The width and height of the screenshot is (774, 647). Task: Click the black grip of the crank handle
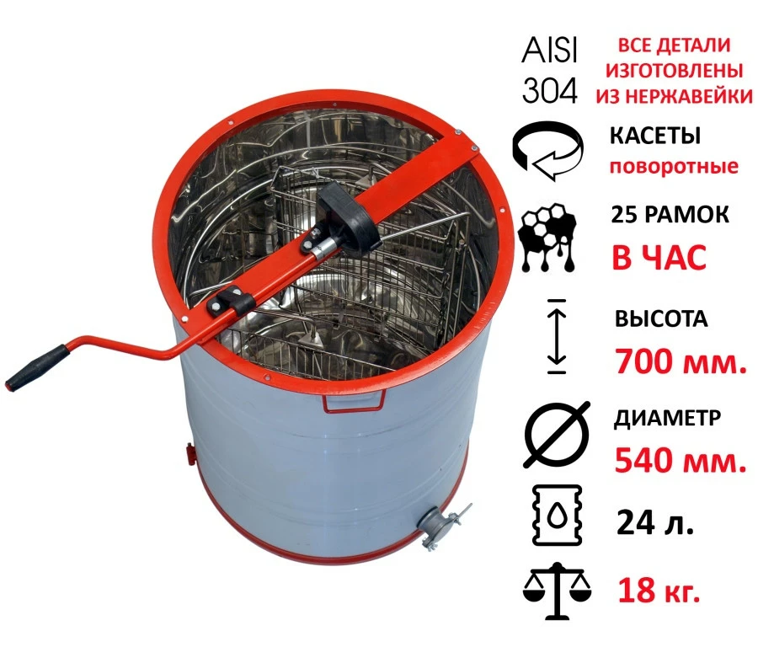tap(38, 368)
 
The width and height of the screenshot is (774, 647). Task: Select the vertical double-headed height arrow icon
tap(557, 336)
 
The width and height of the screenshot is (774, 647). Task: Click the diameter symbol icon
tap(557, 435)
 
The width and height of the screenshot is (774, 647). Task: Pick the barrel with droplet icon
tap(557, 515)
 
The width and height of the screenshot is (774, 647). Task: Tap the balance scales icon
tap(557, 591)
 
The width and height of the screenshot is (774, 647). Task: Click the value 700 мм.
tap(681, 361)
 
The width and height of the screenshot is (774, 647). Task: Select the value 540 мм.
tap(681, 460)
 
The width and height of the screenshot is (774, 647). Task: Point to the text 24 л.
tap(655, 522)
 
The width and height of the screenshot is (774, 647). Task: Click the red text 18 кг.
tap(659, 590)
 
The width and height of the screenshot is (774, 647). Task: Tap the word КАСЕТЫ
tap(655, 136)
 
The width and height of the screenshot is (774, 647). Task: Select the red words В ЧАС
tap(659, 257)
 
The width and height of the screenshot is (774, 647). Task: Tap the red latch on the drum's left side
tap(189, 453)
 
